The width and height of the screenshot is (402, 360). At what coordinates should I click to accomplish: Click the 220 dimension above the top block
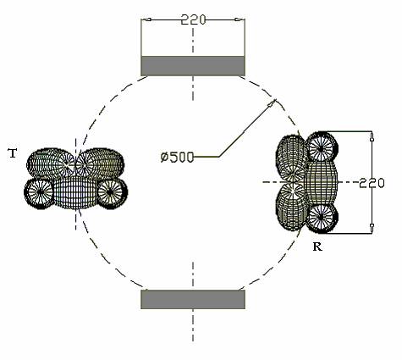coord(193,19)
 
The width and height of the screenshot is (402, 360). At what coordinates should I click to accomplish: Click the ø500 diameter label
coord(177,157)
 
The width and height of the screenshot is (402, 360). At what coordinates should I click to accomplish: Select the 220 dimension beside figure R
coord(372,184)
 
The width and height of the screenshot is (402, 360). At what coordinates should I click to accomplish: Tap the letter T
coord(13,153)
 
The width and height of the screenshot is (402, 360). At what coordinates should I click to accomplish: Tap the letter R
coord(317,246)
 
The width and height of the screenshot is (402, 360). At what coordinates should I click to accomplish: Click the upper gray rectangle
coord(193,66)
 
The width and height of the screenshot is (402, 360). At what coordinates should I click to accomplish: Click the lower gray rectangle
coord(193,299)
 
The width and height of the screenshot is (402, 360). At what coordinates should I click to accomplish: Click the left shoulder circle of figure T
coord(40,193)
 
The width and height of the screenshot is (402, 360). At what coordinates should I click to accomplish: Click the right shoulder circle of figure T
coord(113,193)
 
